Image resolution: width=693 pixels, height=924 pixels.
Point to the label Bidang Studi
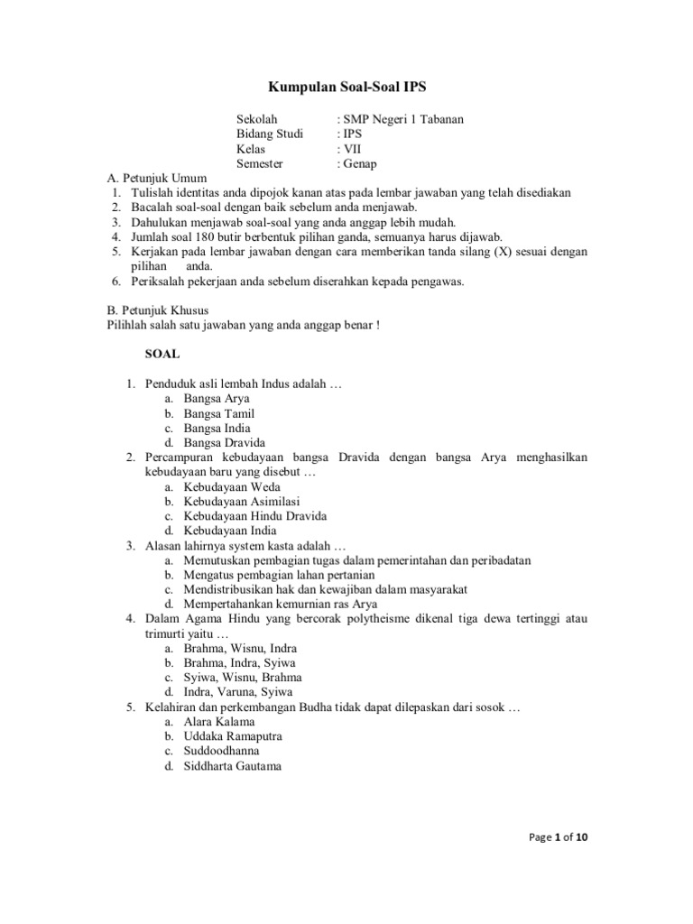[270, 134]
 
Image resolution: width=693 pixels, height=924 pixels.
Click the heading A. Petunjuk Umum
[156, 179]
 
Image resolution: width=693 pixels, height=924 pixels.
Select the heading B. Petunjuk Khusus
[158, 310]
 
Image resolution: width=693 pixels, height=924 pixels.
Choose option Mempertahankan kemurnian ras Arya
[281, 604]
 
